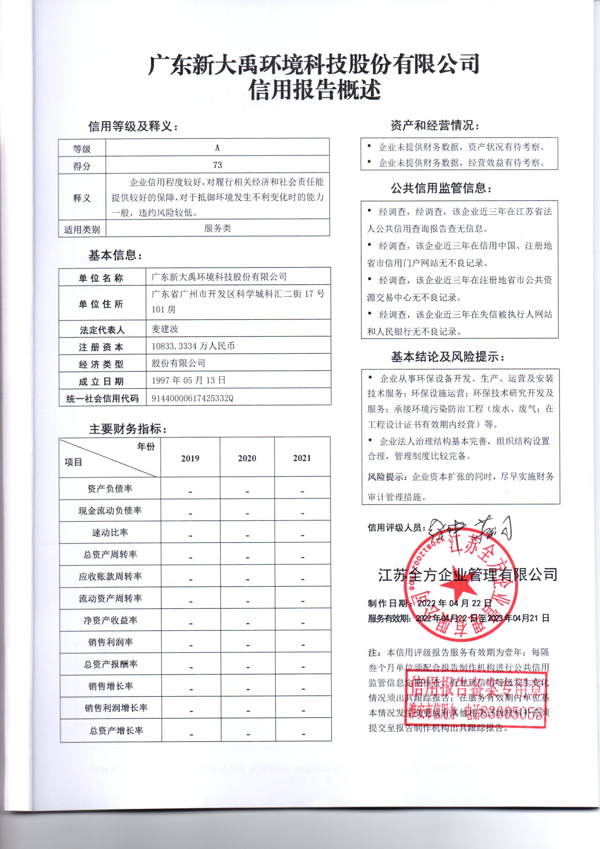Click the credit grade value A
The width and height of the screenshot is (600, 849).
[217, 148]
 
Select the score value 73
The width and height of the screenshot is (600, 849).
[217, 165]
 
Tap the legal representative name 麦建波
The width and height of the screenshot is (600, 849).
[165, 329]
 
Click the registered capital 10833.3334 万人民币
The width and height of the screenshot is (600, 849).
[193, 346]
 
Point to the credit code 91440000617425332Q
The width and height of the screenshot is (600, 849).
[192, 398]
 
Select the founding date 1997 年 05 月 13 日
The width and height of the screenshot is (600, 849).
[188, 381]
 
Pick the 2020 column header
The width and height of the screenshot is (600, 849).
[247, 459]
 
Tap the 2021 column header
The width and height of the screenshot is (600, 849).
[302, 458]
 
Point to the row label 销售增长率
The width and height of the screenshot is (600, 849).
[111, 686]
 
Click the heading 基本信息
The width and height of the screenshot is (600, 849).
[115, 255]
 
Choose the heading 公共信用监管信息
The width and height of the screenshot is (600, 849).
[441, 188]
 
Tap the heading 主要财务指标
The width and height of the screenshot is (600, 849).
[127, 429]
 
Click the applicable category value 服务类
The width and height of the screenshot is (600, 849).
[217, 228]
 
